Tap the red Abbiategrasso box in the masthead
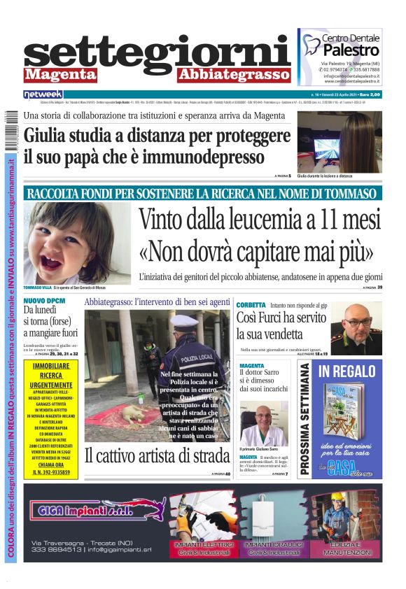click(x=233, y=75)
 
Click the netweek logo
click(x=43, y=94)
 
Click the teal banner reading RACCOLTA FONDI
click(x=203, y=193)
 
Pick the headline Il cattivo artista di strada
click(x=157, y=455)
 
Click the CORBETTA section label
click(x=251, y=305)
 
